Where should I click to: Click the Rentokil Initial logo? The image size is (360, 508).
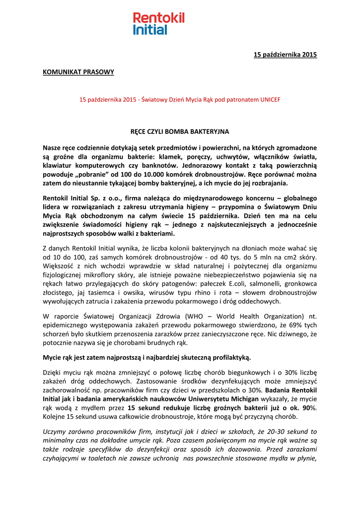pyautogui.click(x=158, y=24)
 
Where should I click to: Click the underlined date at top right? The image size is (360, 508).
pyautogui.click(x=285, y=55)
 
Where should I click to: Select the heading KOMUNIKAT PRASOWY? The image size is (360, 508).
pyautogui.click(x=78, y=72)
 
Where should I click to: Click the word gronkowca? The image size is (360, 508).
pyautogui.click(x=301, y=283)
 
